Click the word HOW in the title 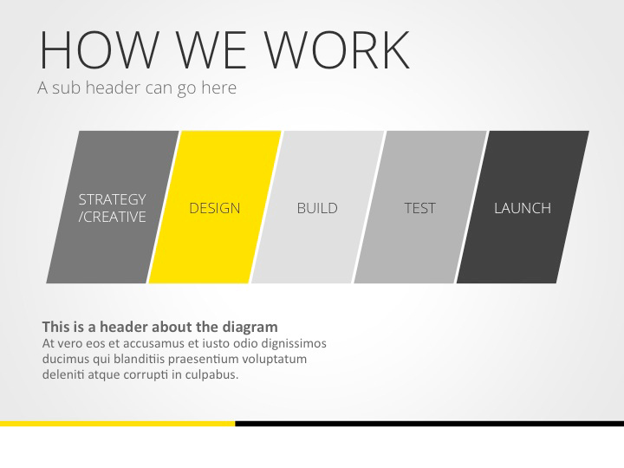coord(101,49)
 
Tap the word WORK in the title coord(337,49)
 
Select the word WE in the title coord(211,49)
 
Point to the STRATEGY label coord(112,199)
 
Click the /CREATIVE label coord(112,217)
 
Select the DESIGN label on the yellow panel coord(215,208)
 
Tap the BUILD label coord(317,208)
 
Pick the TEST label coord(419,208)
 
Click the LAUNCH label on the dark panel coord(523,208)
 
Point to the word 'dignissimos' coord(289,343)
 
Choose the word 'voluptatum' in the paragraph coord(275,359)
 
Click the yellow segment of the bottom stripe coord(117,424)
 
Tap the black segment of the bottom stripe coord(429,424)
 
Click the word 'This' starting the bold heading coord(55,327)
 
